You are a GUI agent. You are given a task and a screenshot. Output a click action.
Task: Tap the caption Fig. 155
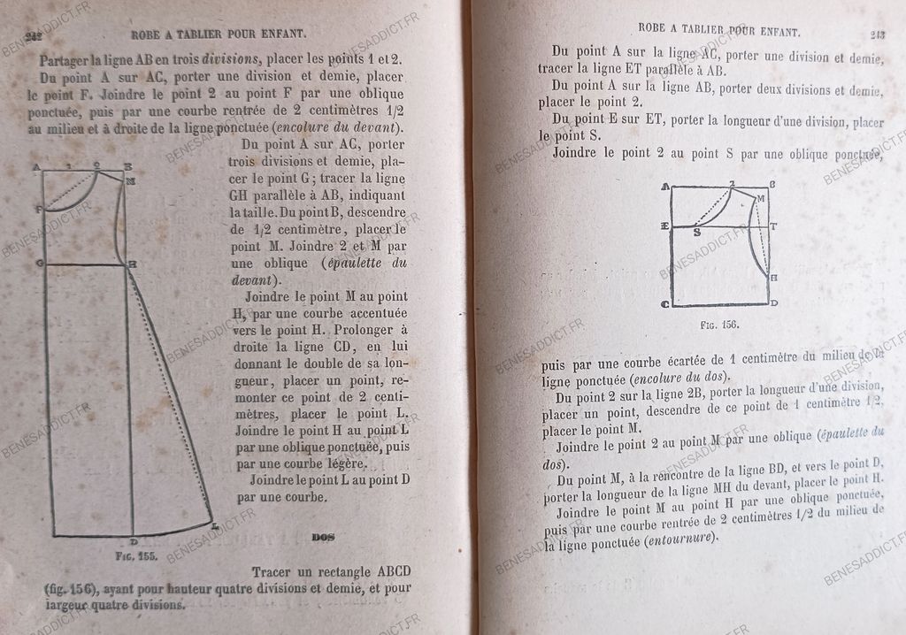(x=110, y=558)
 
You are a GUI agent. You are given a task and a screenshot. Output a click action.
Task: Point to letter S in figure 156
(x=697, y=234)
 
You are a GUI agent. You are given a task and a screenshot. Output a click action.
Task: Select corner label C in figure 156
(x=664, y=303)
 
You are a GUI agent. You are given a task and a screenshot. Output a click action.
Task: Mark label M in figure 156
(x=760, y=199)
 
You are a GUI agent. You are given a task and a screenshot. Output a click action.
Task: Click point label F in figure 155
(x=38, y=209)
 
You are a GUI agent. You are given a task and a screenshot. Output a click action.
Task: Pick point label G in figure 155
(x=38, y=264)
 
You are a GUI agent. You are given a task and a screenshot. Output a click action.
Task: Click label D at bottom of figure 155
(x=133, y=542)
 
